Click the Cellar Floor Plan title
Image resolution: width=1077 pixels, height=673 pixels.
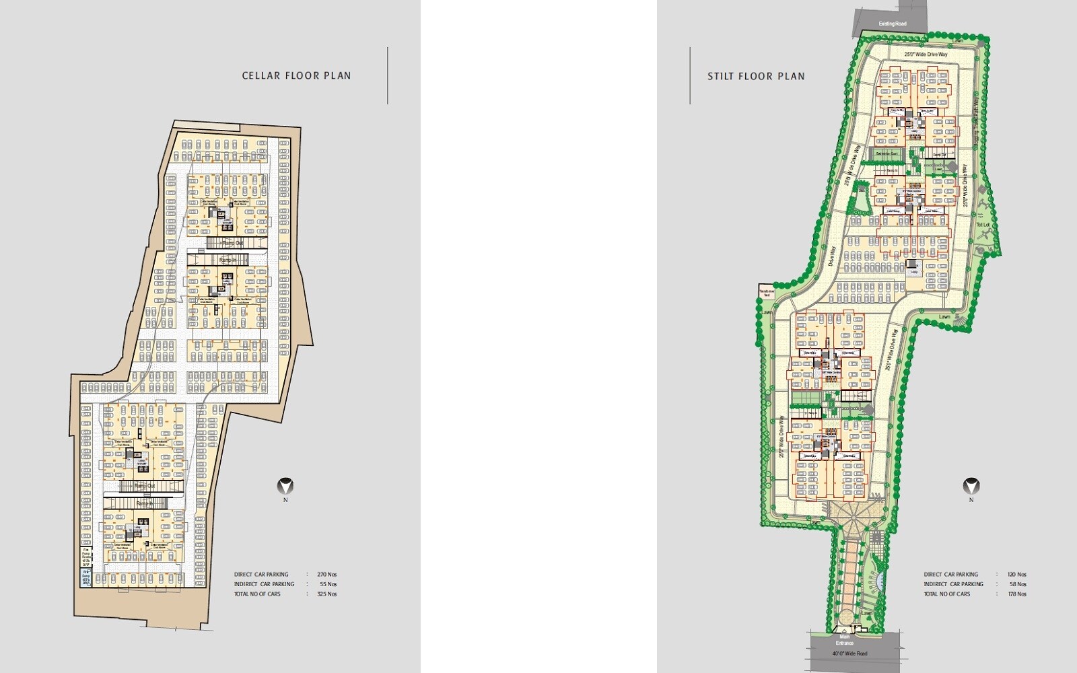coord(296,75)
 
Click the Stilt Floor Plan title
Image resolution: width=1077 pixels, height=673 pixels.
coord(756,76)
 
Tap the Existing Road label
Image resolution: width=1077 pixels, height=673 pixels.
coord(893,24)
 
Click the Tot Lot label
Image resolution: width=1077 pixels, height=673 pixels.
coord(983,224)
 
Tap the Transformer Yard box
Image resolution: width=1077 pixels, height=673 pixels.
coord(765,291)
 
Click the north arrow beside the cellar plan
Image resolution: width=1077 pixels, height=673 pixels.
coord(286,486)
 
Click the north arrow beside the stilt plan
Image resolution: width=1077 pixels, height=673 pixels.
coord(971,486)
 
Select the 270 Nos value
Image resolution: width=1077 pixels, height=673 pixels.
coord(326,575)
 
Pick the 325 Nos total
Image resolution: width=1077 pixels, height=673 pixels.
coord(326,594)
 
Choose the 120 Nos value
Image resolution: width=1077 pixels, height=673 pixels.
coord(1017,575)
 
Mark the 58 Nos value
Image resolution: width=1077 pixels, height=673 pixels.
coord(1017,584)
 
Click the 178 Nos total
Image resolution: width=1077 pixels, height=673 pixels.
coord(1017,594)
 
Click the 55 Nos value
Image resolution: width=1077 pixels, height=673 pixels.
coord(328,584)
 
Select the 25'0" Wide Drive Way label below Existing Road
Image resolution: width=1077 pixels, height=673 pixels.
coord(920,55)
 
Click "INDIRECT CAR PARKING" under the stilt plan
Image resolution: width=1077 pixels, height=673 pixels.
coord(953,584)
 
